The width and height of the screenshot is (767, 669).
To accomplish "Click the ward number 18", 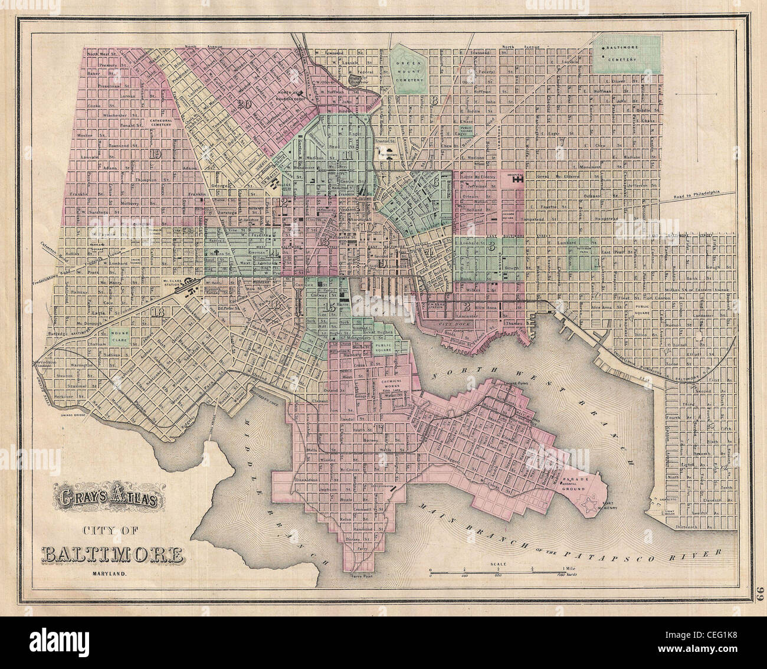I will click(158, 312).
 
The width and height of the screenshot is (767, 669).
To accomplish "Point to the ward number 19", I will click(156, 155).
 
